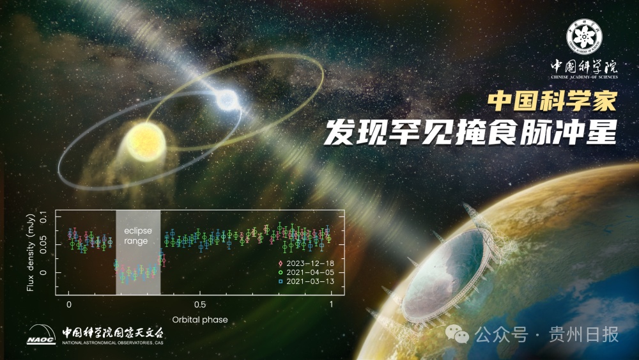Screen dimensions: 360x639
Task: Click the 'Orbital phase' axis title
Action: coord(200,318)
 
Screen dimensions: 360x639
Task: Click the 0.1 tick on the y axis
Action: coord(43,218)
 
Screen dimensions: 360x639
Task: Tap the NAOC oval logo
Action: coord(42,335)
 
